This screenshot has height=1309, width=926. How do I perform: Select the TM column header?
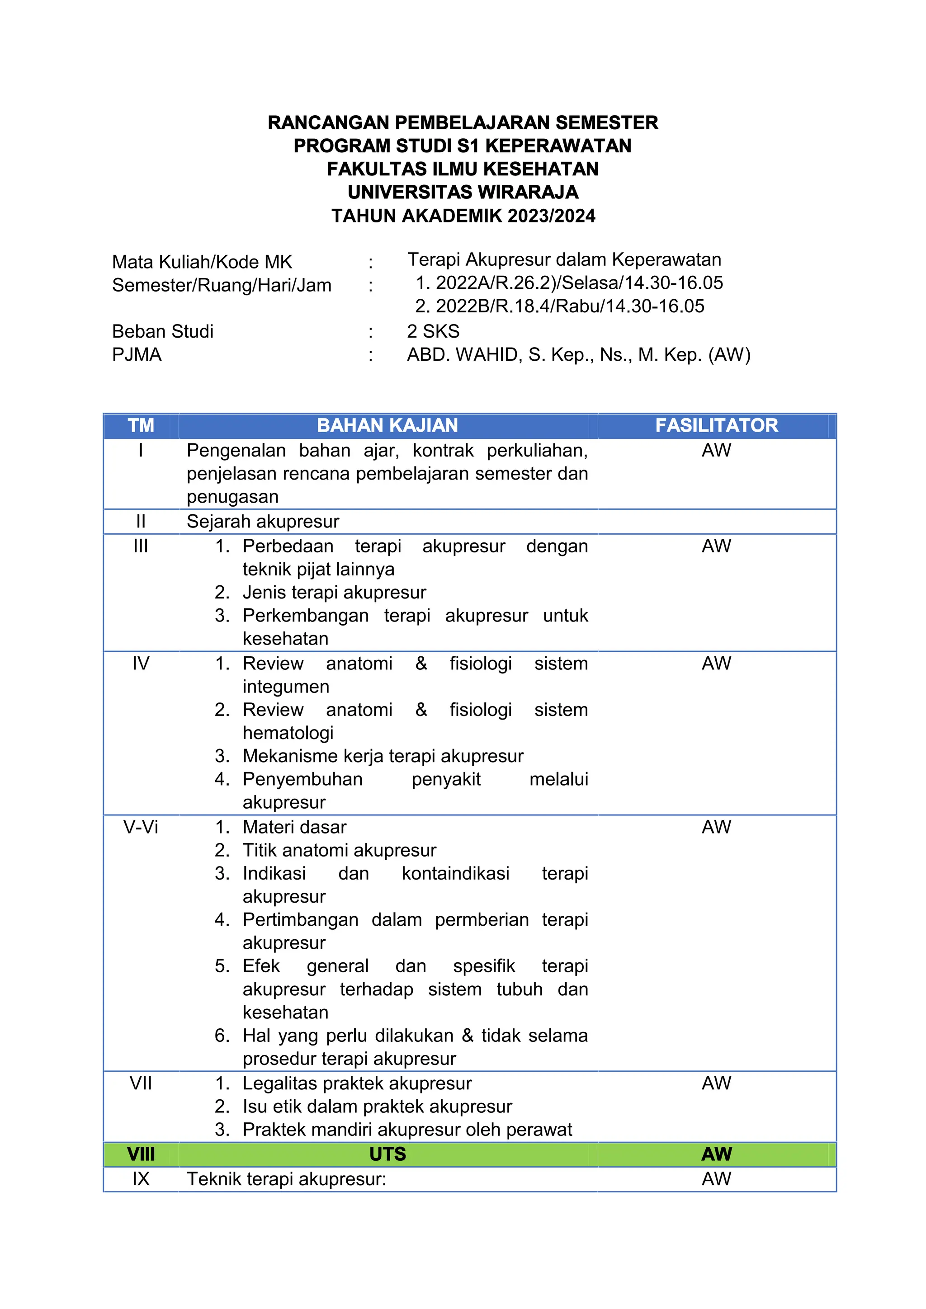coord(140,425)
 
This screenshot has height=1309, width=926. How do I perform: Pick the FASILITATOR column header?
coord(716,425)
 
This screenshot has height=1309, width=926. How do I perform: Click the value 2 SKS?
coord(433,331)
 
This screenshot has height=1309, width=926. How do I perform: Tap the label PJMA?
coord(137,355)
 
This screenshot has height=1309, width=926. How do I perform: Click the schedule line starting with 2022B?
coord(559,306)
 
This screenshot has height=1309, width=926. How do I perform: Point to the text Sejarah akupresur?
coord(263,521)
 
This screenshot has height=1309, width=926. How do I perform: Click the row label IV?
coord(140,663)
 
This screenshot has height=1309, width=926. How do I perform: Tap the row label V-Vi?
coord(140,827)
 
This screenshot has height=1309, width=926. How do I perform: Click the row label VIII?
coord(140,1154)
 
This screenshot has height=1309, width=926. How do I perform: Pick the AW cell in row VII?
coord(716,1083)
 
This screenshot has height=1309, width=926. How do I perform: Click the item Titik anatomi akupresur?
coord(339,850)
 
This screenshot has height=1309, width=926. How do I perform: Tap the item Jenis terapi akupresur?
coord(334,593)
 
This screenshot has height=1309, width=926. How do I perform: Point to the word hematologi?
coord(288,733)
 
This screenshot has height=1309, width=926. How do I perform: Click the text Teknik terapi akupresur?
coord(286,1178)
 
